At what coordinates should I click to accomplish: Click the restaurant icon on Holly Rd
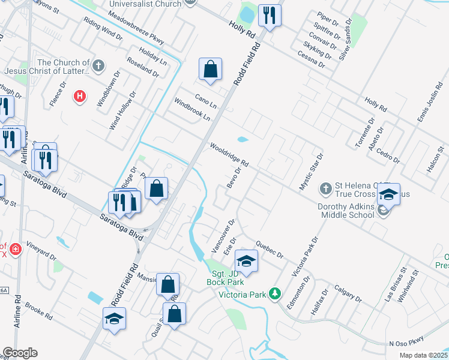pos(269,16)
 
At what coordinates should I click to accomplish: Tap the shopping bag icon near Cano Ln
pos(211,70)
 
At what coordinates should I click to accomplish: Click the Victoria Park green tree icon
pos(275,293)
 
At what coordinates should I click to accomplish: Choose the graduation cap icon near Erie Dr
pos(246,262)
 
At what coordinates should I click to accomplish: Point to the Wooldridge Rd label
pos(229,155)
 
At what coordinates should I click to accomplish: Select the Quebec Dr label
pos(269,249)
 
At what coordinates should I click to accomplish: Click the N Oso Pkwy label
pos(406,343)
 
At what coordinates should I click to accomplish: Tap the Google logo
pos(20,353)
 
